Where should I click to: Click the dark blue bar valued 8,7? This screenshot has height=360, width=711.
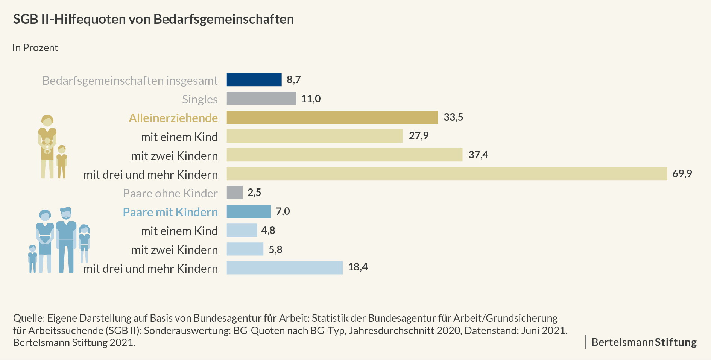(x=254, y=80)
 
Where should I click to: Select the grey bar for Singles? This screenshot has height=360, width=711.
(x=261, y=99)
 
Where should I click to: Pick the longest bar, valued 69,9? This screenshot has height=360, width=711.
(x=447, y=174)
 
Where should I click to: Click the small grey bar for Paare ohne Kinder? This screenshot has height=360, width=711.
(x=234, y=193)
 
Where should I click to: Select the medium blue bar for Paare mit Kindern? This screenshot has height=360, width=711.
(x=248, y=211)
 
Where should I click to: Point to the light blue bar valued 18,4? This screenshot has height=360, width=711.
(x=284, y=268)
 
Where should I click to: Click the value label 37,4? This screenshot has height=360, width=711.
(x=478, y=155)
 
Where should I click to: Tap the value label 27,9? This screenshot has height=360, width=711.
(x=419, y=136)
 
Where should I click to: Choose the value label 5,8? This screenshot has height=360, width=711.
(x=275, y=249)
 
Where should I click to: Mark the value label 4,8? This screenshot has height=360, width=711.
(x=268, y=230)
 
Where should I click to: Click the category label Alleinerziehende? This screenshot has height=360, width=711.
(x=173, y=118)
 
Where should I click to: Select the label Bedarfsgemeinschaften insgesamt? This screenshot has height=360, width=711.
(x=130, y=81)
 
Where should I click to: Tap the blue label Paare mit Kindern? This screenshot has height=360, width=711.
(x=170, y=212)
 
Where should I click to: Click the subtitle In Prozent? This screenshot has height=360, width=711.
(x=35, y=48)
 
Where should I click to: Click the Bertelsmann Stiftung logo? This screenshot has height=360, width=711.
(x=644, y=342)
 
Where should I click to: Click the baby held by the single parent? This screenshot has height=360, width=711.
(x=47, y=145)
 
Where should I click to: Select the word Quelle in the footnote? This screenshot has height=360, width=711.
(x=29, y=318)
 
